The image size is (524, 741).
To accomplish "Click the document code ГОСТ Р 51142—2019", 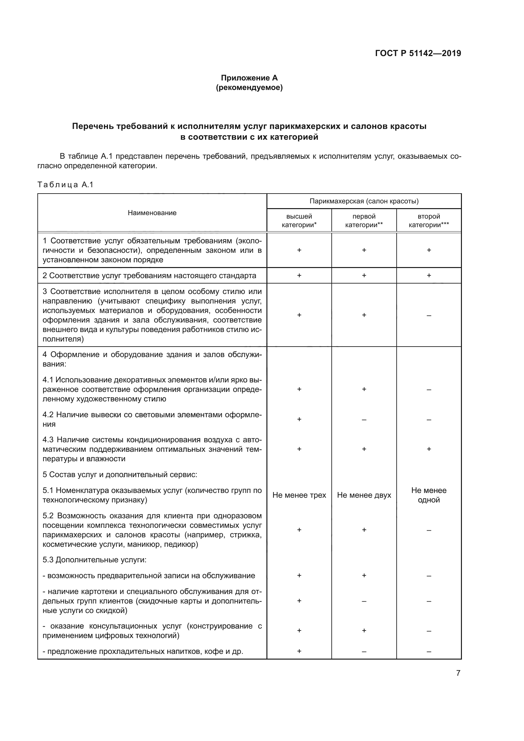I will pyautogui.click(x=418, y=53).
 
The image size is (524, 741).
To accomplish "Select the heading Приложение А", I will pyautogui.click(x=249, y=78).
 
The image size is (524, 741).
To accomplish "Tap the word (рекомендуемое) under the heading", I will pyautogui.click(x=249, y=87).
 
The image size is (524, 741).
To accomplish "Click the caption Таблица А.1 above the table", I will pyautogui.click(x=65, y=185).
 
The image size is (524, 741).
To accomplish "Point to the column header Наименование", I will pyautogui.click(x=152, y=213).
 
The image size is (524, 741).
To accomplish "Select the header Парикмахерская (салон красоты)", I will pyautogui.click(x=364, y=201).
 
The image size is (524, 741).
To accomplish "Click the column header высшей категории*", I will pyautogui.click(x=299, y=220).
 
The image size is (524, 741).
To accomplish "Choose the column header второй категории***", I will pyautogui.click(x=429, y=220).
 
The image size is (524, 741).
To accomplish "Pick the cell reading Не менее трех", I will pyautogui.click(x=299, y=495).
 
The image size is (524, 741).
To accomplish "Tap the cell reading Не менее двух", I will pyautogui.click(x=364, y=495).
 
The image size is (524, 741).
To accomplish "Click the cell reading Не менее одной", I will pyautogui.click(x=429, y=495).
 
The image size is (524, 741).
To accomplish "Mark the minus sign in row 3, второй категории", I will pyautogui.click(x=429, y=315).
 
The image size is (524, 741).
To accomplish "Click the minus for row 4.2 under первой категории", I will pyautogui.click(x=364, y=419).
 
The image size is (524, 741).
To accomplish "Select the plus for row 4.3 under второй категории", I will pyautogui.click(x=429, y=449).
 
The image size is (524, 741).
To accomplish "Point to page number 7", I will pyautogui.click(x=458, y=673).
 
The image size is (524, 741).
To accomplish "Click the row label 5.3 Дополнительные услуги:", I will pyautogui.click(x=94, y=559).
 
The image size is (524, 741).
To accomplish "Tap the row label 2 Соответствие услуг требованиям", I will pyautogui.click(x=149, y=276).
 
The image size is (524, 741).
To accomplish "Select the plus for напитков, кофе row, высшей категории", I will pyautogui.click(x=299, y=651).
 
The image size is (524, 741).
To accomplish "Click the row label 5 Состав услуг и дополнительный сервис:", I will pyautogui.click(x=120, y=475).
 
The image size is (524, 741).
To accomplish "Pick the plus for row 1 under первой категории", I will pyautogui.click(x=364, y=250).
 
